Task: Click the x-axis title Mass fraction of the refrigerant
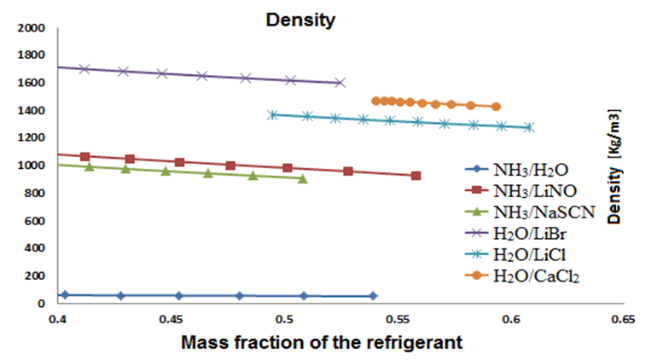[x=322, y=343]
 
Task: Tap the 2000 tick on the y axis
[x=32, y=28]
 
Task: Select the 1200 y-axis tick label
[x=32, y=138]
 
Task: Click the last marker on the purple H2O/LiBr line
[x=340, y=83]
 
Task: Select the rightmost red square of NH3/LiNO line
[x=416, y=176]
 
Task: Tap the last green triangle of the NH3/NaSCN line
[x=303, y=178]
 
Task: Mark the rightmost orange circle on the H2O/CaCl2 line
[x=496, y=107]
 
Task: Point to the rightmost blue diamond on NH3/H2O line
[x=373, y=296]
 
